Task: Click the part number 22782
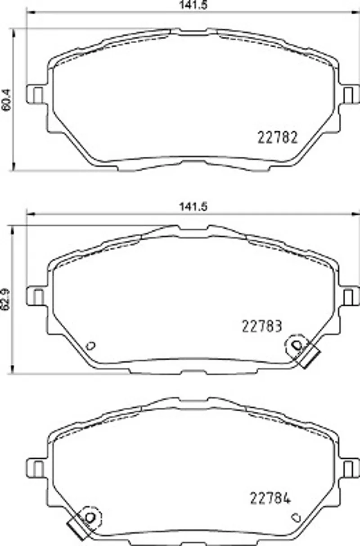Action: tap(278, 137)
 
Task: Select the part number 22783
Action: tap(262, 326)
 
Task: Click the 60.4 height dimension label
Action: tap(6, 100)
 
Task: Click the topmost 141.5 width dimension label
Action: tap(193, 5)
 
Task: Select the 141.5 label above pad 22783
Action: tap(193, 207)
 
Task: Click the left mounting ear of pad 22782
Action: tap(36, 94)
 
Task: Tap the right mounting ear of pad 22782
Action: tap(350, 94)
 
